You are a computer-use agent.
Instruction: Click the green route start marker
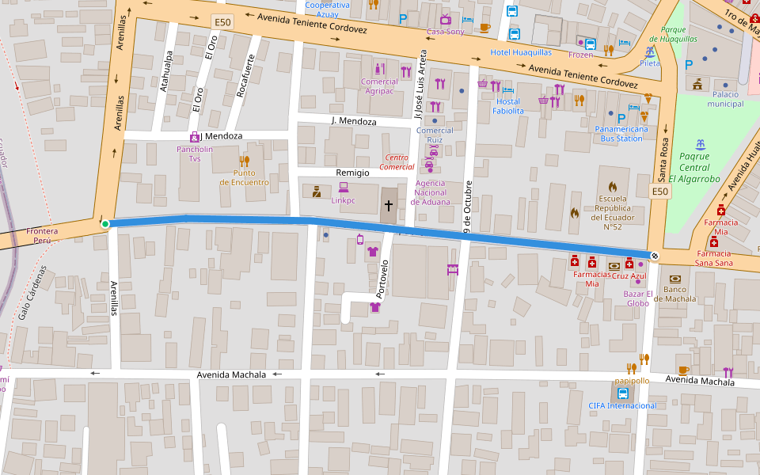pos(104,224)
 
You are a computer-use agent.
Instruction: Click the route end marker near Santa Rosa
pos(655,255)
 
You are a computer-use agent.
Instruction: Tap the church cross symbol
pos(388,206)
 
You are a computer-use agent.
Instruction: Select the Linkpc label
pos(344,200)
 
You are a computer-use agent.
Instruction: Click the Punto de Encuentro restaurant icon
pos(244,161)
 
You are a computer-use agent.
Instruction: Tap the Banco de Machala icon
pos(674,279)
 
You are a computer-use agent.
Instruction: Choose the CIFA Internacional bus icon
pos(622,393)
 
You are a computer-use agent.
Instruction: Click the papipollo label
pos(632,381)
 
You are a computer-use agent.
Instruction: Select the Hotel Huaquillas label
pos(520,52)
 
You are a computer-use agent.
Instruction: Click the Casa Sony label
pos(445,32)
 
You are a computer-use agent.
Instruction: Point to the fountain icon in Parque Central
pos(699,145)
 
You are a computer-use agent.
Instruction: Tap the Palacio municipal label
pos(720,99)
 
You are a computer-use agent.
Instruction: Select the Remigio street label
pos(353,172)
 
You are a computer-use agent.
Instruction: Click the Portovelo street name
pos(381,277)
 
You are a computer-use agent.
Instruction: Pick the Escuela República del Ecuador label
pos(613,213)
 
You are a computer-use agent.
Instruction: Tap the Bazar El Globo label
pos(638,298)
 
